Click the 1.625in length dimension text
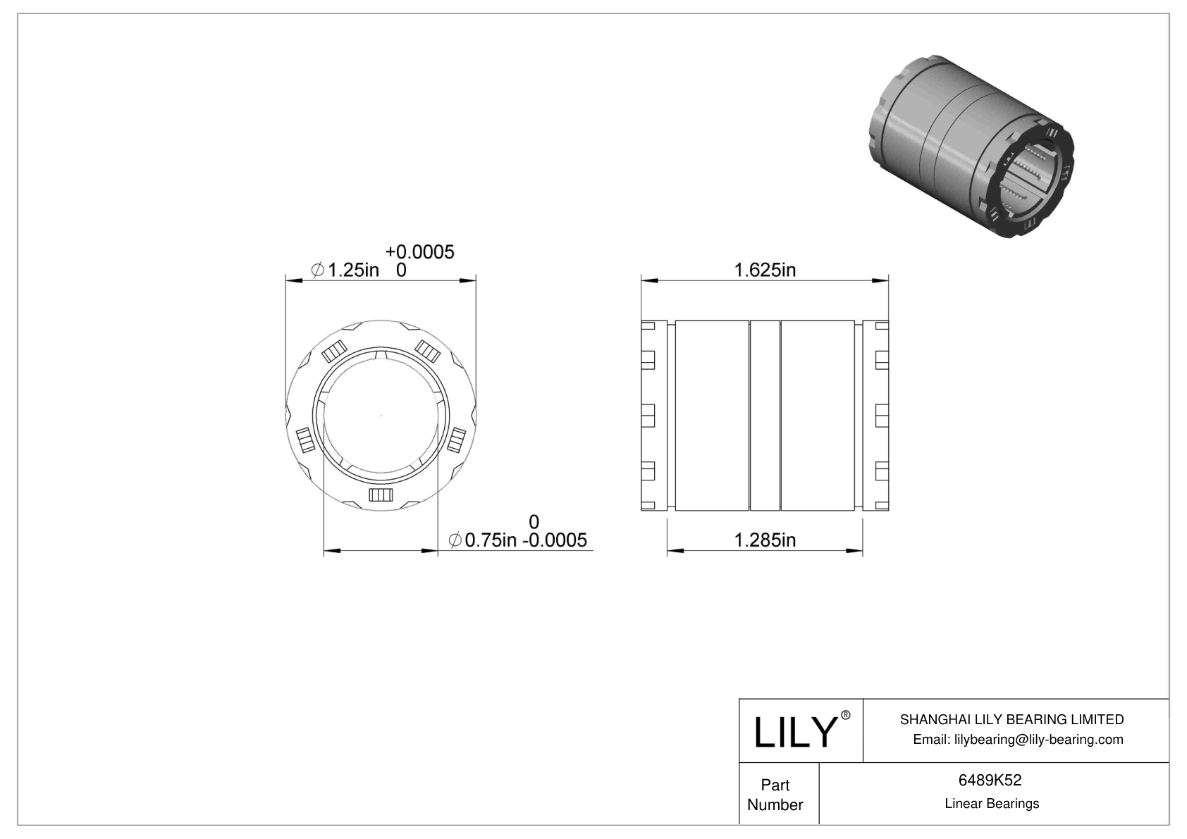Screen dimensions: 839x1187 coord(765,270)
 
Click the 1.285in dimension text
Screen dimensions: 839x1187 coord(765,540)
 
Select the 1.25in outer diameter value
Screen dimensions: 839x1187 coord(353,270)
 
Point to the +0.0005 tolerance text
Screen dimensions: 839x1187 coord(420,252)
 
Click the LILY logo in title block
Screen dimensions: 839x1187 coord(794,732)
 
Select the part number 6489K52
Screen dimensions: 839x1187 coord(990,781)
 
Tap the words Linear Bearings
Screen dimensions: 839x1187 coord(992,804)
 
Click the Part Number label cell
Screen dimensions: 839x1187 coord(775,795)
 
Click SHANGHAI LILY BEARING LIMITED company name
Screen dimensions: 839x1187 coord(1011,719)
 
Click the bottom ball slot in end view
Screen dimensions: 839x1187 coord(381,495)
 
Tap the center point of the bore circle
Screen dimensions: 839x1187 coord(381,416)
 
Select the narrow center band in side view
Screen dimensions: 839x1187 coord(765,416)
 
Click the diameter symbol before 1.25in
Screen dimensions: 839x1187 coord(318,270)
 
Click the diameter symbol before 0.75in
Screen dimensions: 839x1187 coord(455,540)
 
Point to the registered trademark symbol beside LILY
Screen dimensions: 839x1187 coord(846,715)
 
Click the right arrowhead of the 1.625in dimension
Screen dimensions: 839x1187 coord(880,282)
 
